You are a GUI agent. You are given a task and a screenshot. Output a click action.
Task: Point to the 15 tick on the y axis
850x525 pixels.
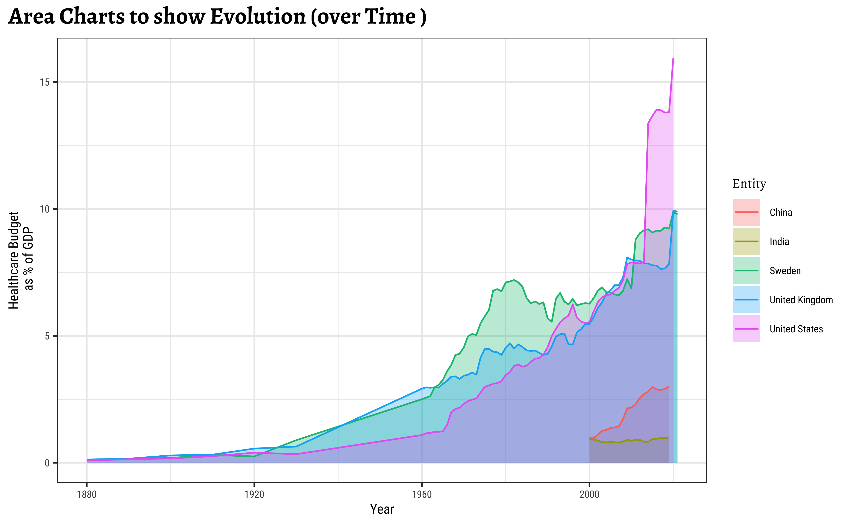click(x=45, y=82)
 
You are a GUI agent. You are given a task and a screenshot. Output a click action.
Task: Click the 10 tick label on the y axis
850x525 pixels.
click(x=45, y=209)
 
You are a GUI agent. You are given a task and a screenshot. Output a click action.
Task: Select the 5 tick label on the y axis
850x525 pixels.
click(x=47, y=336)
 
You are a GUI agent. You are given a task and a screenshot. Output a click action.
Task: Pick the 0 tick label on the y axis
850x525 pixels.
click(x=47, y=463)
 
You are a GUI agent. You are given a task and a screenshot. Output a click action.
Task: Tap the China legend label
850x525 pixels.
click(x=781, y=212)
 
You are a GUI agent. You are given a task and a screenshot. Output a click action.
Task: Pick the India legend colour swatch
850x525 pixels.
click(x=747, y=241)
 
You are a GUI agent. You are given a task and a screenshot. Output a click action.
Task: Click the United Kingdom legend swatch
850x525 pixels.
click(x=747, y=300)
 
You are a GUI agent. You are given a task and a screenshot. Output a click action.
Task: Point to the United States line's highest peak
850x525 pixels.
click(x=673, y=58)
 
